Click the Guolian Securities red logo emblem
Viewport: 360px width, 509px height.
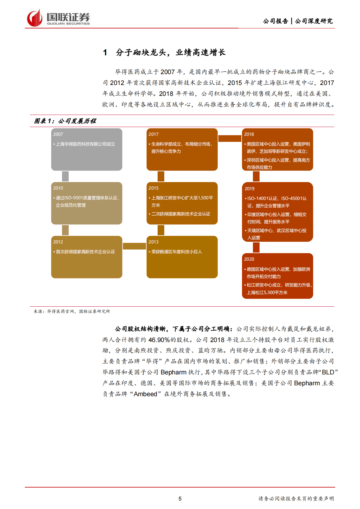click(34, 18)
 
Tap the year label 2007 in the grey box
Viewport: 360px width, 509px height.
click(58, 134)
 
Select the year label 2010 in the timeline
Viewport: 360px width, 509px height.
click(58, 188)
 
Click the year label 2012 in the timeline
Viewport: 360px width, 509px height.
click(58, 242)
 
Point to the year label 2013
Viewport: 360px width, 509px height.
click(153, 242)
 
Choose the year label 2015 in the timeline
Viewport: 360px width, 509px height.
click(153, 188)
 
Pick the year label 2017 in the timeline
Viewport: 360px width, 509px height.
click(153, 134)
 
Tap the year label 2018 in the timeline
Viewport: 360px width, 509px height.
click(249, 134)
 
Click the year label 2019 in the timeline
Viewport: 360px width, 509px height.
click(250, 189)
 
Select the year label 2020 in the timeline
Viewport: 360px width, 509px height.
click(249, 259)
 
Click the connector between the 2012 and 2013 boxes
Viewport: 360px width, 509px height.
click(134, 246)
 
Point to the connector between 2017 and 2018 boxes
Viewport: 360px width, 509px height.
click(230, 139)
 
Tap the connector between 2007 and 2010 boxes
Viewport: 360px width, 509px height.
click(65, 176)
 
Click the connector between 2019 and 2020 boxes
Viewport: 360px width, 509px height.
click(256, 247)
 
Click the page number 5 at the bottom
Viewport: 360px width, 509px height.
click(180, 499)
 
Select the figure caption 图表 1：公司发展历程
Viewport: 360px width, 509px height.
click(65, 121)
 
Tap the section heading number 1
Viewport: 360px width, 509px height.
click(105, 53)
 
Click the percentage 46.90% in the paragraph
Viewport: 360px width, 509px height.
click(159, 340)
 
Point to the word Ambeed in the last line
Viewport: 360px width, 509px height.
click(146, 394)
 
